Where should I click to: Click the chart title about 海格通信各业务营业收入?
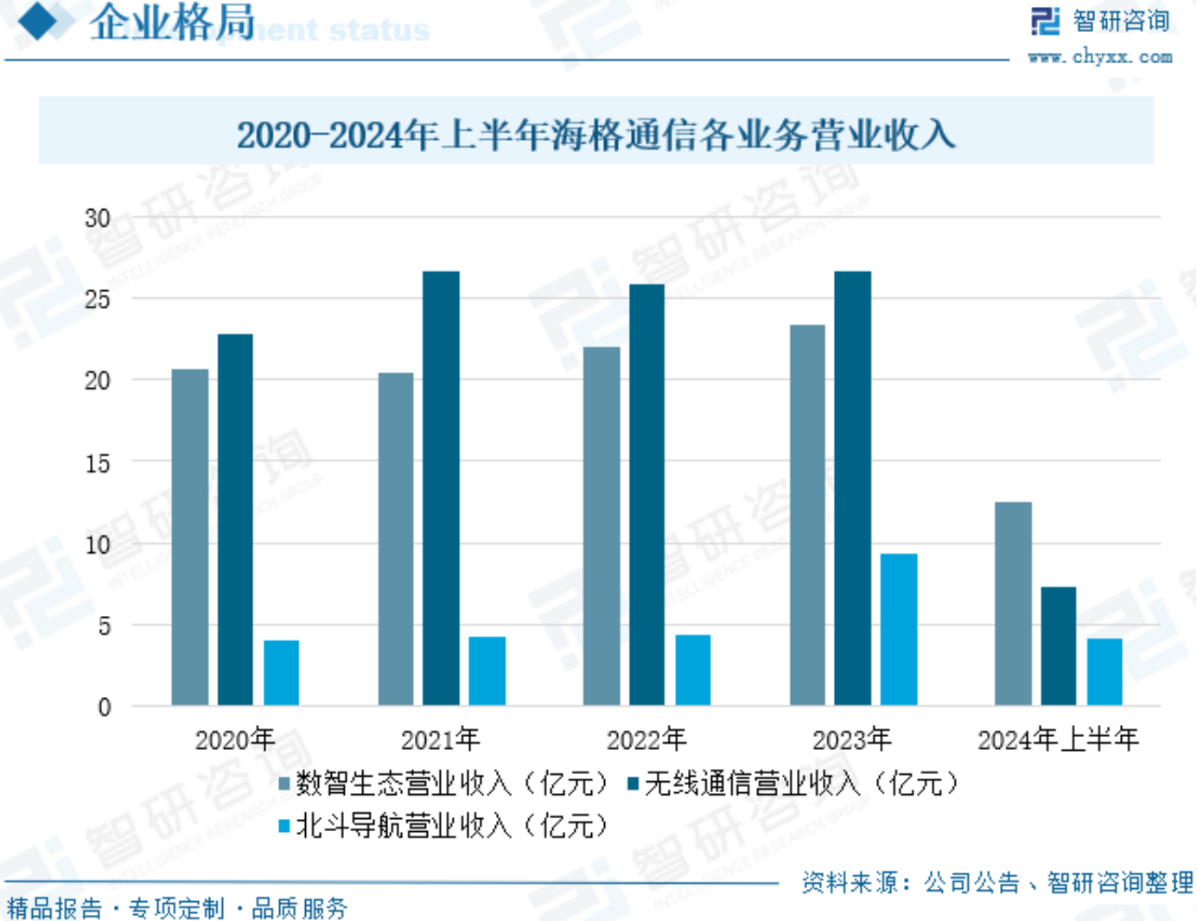(595, 135)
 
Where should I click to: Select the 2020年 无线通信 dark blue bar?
(235, 519)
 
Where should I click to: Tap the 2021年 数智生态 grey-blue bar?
(396, 539)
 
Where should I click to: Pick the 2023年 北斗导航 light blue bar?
(899, 629)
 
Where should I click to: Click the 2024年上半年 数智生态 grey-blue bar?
(1013, 603)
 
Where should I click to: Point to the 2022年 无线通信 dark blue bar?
(646, 494)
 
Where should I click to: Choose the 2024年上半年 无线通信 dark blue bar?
(1059, 645)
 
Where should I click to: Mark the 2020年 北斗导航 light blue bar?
(282, 672)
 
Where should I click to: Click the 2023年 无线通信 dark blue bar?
(853, 488)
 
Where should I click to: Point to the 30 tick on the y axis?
(98, 219)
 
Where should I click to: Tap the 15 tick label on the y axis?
(98, 463)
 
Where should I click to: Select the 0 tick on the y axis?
(105, 708)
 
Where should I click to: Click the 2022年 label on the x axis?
(646, 740)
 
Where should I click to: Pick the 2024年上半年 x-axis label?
(1058, 740)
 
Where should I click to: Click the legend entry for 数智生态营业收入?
(445, 784)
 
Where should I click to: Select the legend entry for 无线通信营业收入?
(794, 784)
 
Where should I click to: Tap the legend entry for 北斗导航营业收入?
(445, 826)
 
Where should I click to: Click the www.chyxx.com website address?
(1100, 57)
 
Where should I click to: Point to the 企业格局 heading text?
(172, 22)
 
